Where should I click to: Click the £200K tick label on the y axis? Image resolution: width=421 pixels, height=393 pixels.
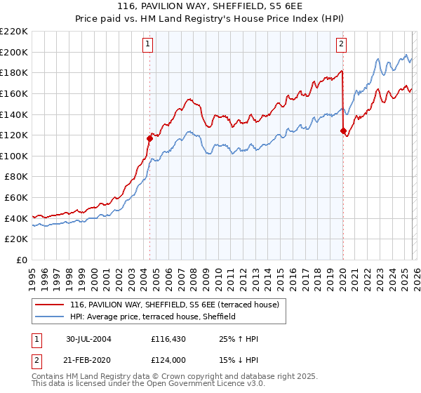(14, 52)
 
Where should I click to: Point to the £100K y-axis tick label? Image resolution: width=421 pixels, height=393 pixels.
(14, 156)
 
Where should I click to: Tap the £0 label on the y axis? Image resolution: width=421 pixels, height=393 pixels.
(20, 260)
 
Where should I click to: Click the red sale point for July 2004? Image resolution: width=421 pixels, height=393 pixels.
(149, 138)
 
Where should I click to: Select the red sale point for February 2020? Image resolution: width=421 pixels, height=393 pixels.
(343, 131)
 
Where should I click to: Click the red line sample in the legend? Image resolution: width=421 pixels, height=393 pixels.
(50, 305)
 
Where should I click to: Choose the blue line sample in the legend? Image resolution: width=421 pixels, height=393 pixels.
(50, 317)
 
